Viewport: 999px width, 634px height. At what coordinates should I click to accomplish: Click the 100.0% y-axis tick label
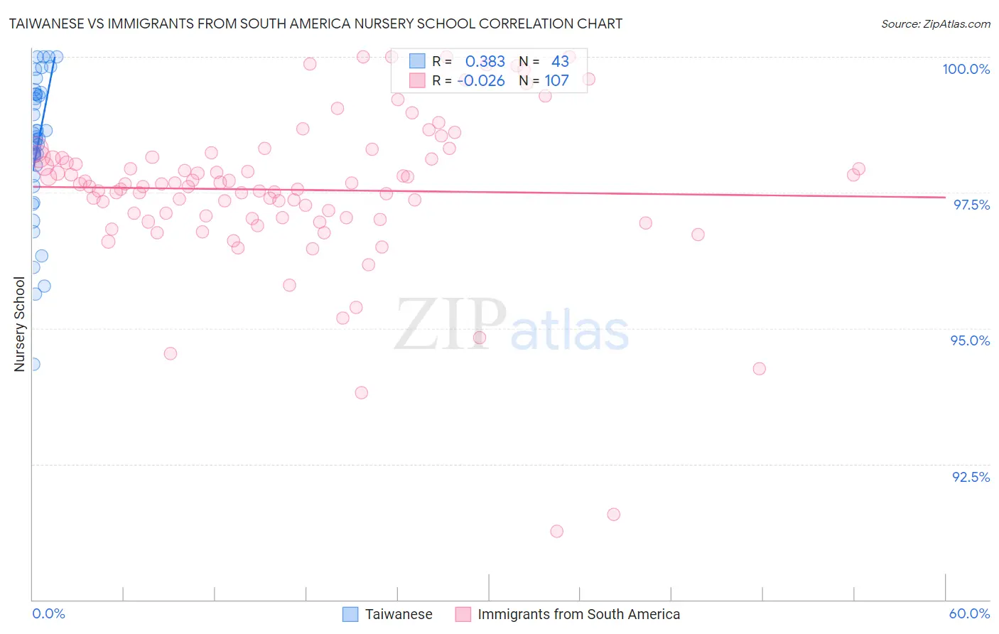(966, 69)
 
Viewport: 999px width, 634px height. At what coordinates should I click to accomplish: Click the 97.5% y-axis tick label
(971, 205)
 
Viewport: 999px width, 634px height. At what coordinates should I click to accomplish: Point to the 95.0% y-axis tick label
(970, 340)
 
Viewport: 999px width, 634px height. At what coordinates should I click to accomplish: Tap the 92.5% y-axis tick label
(971, 477)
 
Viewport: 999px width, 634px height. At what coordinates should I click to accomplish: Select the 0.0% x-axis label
(48, 613)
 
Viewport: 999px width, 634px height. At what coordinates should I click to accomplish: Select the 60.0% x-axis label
(969, 613)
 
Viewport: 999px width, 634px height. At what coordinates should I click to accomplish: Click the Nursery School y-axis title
(19, 324)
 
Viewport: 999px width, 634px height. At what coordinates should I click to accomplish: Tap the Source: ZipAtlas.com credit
(935, 23)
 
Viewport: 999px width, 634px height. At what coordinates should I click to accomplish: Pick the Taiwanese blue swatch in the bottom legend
(350, 614)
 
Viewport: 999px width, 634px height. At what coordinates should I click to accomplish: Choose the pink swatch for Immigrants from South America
(463, 614)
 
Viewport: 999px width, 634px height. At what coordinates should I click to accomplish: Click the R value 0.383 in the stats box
(485, 62)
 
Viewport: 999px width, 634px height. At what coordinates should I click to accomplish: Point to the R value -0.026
(481, 81)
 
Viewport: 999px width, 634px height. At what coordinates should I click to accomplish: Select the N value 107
(556, 81)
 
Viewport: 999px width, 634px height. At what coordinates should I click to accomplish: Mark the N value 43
(560, 62)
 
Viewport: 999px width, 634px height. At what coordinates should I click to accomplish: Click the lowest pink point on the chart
(556, 532)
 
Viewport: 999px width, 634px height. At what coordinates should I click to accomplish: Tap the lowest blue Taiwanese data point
(33, 364)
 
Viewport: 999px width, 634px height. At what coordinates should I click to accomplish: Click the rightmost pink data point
(858, 169)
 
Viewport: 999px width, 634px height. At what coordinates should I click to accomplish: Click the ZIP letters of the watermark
(450, 325)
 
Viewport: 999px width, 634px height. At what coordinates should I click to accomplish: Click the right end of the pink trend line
(945, 197)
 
